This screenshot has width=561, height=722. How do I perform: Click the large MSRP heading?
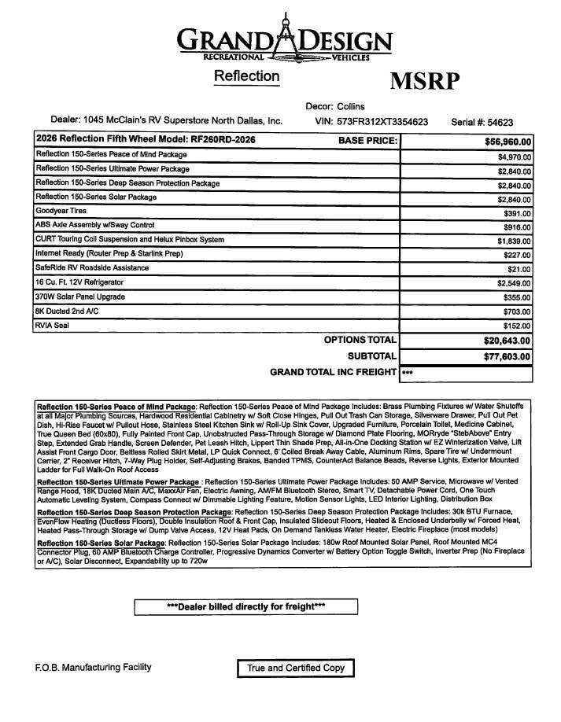pos(424,81)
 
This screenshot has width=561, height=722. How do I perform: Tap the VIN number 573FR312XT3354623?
pos(382,122)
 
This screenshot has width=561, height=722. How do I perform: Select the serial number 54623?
pos(500,122)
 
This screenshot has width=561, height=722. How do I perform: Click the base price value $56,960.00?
pos(508,142)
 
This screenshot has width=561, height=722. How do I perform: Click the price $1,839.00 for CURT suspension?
pos(514,241)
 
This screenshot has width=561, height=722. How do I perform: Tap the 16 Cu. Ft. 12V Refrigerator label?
pos(79,282)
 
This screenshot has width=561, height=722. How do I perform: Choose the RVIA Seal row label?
pos(52,325)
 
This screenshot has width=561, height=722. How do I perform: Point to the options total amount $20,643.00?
pos(507,341)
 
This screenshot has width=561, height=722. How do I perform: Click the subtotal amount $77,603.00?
pos(507,356)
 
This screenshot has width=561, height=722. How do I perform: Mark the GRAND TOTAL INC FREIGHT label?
pos(333,372)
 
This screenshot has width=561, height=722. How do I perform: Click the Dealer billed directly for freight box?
pos(245,606)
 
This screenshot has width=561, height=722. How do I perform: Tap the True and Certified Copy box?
pos(296,669)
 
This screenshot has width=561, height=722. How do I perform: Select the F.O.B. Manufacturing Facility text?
pos(93,668)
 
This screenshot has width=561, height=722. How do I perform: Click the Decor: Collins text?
pos(335,106)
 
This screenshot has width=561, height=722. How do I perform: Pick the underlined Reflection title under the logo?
pos(246,77)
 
